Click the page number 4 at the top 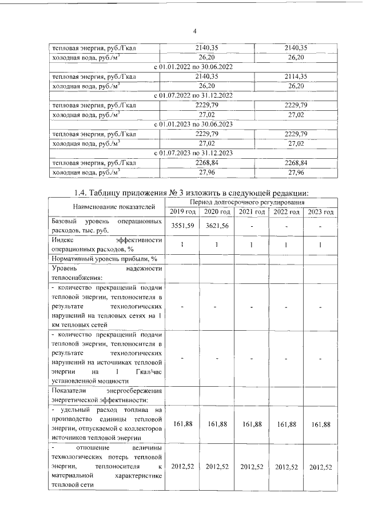point(194,31)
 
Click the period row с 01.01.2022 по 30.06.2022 point(194,67)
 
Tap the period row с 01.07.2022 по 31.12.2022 point(194,95)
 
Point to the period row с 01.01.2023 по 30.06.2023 point(194,123)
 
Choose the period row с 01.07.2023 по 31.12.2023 point(194,152)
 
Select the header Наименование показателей point(105,207)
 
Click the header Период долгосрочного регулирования point(252,202)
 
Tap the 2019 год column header point(183,212)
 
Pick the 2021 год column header point(252,212)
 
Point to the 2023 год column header point(321,212)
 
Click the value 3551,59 point(183,226)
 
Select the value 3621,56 point(217,226)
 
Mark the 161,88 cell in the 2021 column point(252,424)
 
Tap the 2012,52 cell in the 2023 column point(321,467)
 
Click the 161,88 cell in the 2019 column point(183,424)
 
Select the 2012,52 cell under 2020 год point(217,467)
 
